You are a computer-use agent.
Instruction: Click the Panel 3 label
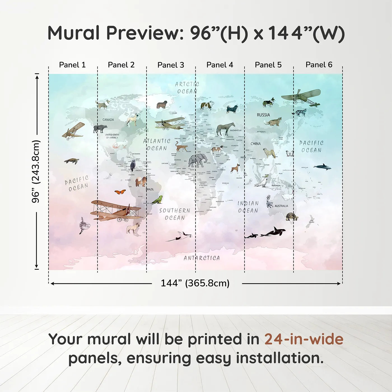point(171,65)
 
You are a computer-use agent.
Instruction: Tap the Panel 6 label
point(319,65)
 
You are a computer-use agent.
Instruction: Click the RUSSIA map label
point(263,115)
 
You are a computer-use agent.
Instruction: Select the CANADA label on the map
point(108,120)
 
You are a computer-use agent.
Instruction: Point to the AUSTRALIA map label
point(281,206)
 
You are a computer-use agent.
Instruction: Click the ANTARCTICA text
point(202,258)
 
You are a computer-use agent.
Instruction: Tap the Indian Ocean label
point(248,207)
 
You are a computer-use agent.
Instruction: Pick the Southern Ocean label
point(175,214)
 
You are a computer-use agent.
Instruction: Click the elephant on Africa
point(197,161)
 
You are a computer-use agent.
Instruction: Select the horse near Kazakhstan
point(225,129)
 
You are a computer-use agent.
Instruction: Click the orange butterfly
point(120,192)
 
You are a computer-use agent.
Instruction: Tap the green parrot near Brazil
point(157,200)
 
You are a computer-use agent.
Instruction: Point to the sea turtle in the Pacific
point(72,161)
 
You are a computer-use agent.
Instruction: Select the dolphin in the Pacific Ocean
point(322,167)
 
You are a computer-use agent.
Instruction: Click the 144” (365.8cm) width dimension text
point(195,283)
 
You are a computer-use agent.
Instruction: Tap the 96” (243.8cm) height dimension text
point(36,171)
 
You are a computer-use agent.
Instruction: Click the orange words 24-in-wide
point(304,339)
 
